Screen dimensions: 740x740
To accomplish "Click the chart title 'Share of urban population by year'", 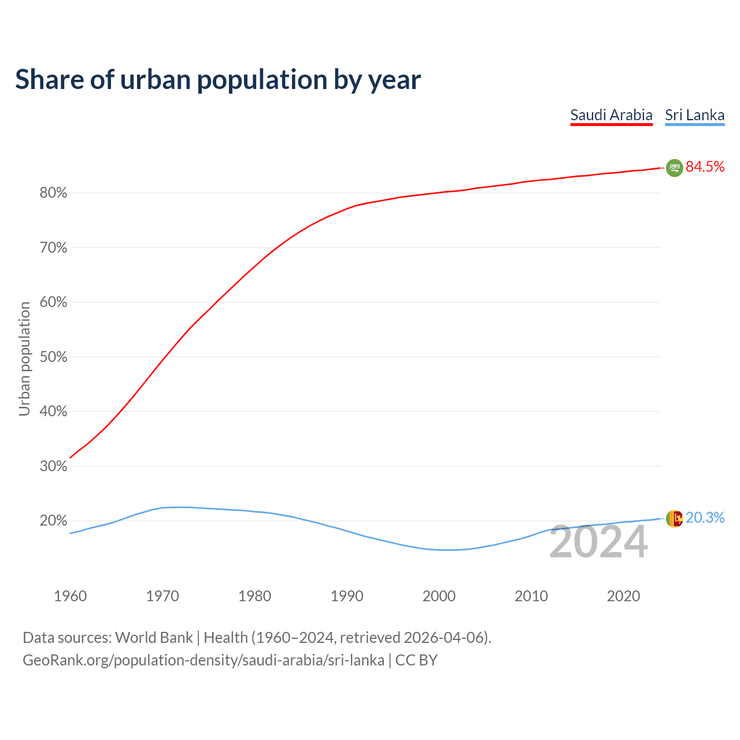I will click(x=218, y=79).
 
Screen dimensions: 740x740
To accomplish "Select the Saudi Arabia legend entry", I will click(x=611, y=115).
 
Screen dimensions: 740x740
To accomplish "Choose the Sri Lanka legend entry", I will click(x=694, y=115).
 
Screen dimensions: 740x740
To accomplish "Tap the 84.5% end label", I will click(x=705, y=166).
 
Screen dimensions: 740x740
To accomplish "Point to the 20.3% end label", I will click(x=705, y=517).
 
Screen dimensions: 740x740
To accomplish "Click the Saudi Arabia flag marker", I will click(x=674, y=168).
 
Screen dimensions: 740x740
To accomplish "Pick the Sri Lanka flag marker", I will click(x=674, y=519).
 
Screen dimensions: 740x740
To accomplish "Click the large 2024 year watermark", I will click(x=598, y=542).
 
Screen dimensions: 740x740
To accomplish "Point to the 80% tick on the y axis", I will click(x=53, y=193).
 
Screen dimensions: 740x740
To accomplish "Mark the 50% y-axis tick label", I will click(x=53, y=357).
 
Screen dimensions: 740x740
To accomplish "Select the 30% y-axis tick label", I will click(x=53, y=466).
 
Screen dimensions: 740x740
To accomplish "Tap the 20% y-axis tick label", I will click(x=53, y=521).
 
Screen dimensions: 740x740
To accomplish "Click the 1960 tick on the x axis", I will click(x=70, y=596).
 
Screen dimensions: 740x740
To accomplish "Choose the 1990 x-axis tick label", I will click(x=347, y=596).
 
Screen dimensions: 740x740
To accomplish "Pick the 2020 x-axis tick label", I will click(x=623, y=596).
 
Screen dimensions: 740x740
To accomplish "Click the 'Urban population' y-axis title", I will click(x=24, y=358).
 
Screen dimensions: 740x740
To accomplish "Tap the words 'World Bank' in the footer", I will click(x=154, y=638).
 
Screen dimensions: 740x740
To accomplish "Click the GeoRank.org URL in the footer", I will click(x=203, y=660).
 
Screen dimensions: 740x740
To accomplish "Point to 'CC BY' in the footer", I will click(x=416, y=660).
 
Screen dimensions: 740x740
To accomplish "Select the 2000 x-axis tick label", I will click(x=439, y=596).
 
